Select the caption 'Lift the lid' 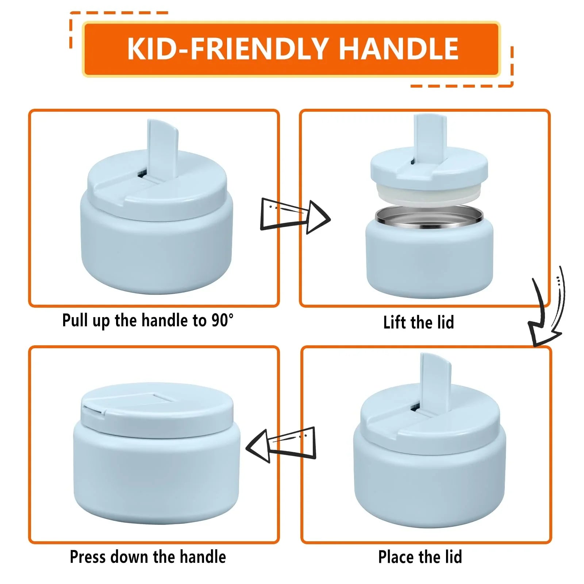(x=418, y=323)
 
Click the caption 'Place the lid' (x=420, y=557)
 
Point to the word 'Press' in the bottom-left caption (x=88, y=557)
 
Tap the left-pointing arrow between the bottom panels (x=281, y=445)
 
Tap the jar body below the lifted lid (x=429, y=259)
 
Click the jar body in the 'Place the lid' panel (x=429, y=482)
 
